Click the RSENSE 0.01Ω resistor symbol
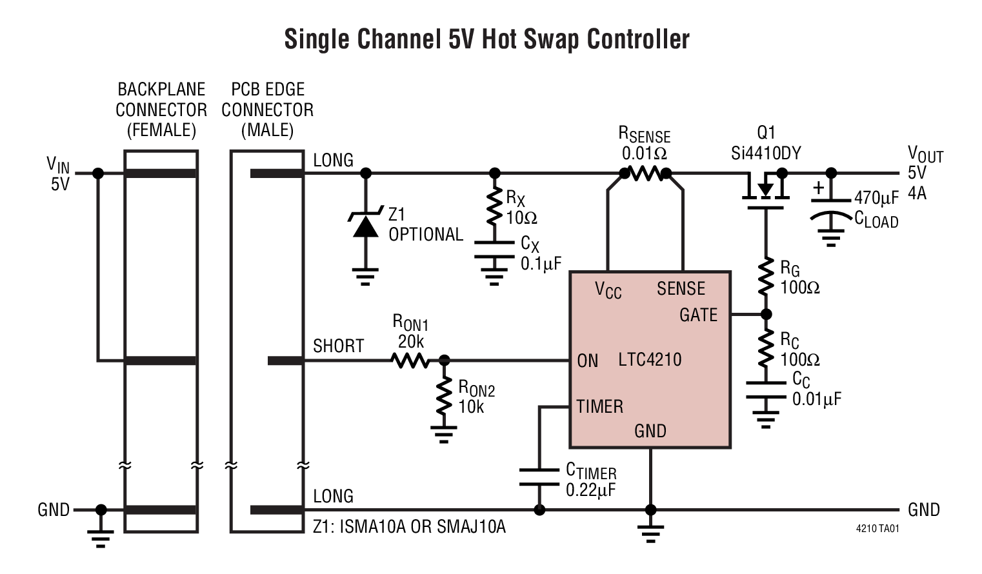coord(645,173)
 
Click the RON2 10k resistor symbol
coord(444,396)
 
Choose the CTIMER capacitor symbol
coord(539,477)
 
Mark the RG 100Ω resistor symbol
coord(766,276)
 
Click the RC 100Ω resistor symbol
coord(766,348)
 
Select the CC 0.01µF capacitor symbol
coord(766,390)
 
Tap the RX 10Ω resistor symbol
coord(494,206)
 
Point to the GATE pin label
coord(698,315)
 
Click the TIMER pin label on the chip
coord(599,406)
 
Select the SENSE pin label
coord(681,288)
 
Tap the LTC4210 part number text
coord(650,359)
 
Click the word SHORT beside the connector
coord(338,346)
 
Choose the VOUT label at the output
coord(925,154)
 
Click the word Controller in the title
coord(637,39)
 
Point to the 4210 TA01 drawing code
coord(877,528)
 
